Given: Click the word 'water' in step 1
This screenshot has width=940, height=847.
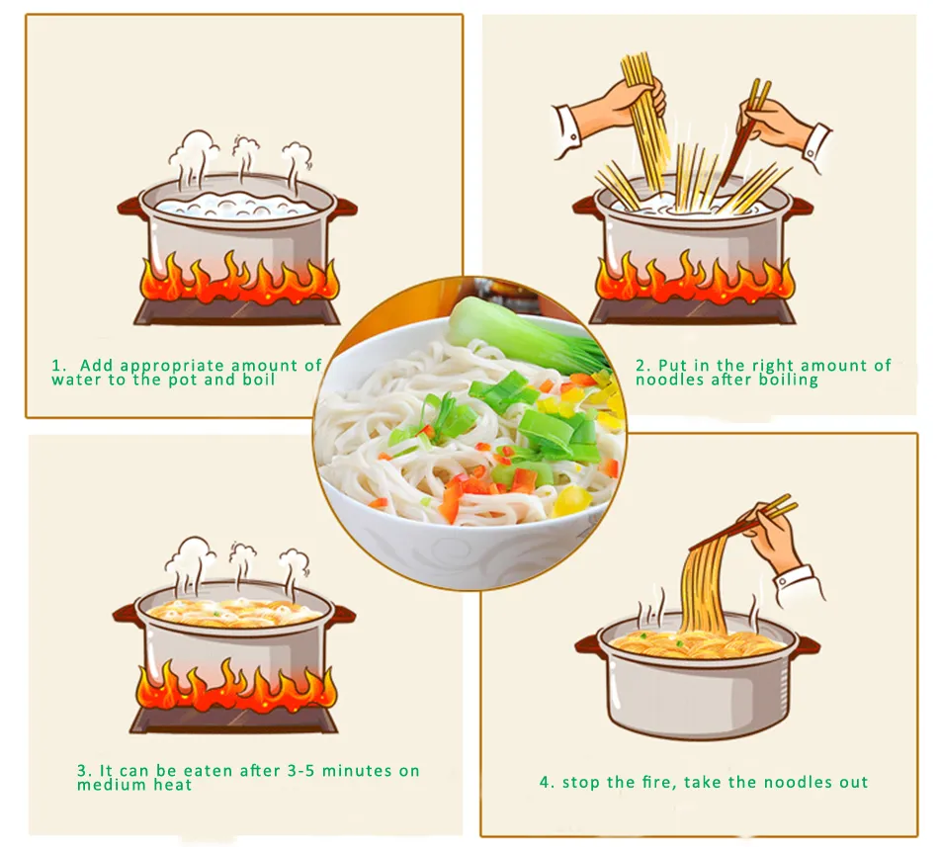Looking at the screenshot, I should [76, 381].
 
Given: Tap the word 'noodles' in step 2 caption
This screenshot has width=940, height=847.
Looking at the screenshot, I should [669, 381].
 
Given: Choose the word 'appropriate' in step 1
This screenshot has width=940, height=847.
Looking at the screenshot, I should [166, 366].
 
